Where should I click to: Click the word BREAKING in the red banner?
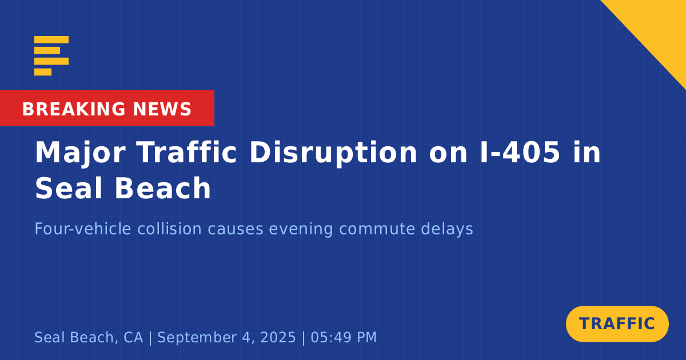[x=74, y=109]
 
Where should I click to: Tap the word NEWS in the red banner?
[x=162, y=109]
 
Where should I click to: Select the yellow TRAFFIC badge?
[x=617, y=324]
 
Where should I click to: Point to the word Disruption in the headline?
[x=333, y=154]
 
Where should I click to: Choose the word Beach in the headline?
[x=162, y=188]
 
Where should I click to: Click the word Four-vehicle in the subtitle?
[x=83, y=229]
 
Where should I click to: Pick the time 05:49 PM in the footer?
[x=344, y=337]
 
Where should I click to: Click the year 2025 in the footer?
[x=278, y=337]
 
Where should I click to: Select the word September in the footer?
[x=197, y=338]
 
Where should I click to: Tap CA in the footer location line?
[x=133, y=337]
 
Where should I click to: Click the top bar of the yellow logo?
[x=51, y=39]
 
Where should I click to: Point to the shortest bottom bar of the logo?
[x=43, y=72]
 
